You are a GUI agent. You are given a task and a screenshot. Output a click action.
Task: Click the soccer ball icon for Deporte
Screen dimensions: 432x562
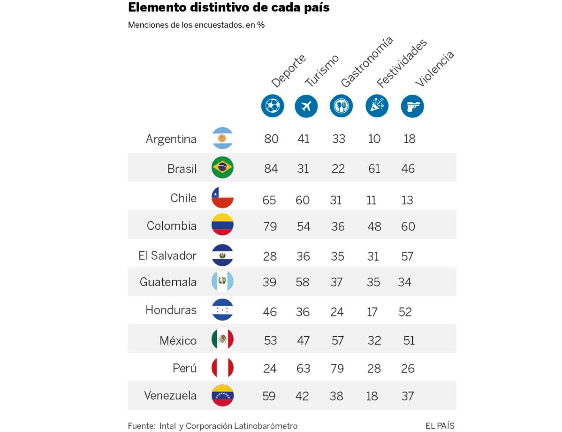(x=272, y=106)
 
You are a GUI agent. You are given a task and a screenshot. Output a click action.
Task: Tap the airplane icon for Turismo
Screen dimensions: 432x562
(x=306, y=106)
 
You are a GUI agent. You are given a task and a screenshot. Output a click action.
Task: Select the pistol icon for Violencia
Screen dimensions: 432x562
(x=412, y=106)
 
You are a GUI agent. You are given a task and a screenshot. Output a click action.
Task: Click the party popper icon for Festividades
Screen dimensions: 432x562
(x=377, y=106)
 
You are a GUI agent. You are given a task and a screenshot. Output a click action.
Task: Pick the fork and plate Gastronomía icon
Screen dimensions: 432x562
(x=341, y=106)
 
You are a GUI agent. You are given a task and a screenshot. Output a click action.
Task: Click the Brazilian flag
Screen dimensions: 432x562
(x=222, y=167)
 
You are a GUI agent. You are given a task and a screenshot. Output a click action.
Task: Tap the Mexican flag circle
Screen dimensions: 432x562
(x=222, y=339)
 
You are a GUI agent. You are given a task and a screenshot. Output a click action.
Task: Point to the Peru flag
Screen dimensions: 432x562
(x=222, y=368)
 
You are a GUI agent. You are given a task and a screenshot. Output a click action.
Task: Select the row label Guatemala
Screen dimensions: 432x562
(x=168, y=282)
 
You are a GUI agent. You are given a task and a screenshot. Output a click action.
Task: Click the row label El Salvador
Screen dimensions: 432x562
(x=167, y=255)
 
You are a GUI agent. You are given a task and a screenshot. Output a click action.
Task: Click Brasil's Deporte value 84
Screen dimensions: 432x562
(x=271, y=168)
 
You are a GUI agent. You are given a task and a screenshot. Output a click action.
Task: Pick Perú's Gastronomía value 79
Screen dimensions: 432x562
(x=337, y=368)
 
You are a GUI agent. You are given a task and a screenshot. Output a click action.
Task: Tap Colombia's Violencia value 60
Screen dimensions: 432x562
(x=408, y=226)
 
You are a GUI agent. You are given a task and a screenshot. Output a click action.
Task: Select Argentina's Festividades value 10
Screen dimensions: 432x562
(x=374, y=139)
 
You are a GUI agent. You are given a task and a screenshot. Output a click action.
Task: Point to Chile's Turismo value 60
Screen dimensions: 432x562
(x=303, y=200)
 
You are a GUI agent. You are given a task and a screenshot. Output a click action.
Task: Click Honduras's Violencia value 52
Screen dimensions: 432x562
(x=405, y=312)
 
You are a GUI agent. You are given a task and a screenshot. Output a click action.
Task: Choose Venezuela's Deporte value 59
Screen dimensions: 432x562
(x=269, y=396)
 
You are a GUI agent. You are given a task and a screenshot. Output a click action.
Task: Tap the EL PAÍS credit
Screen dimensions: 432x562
(x=440, y=426)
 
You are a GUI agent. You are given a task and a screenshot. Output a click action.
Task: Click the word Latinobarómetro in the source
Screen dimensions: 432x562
(x=266, y=426)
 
